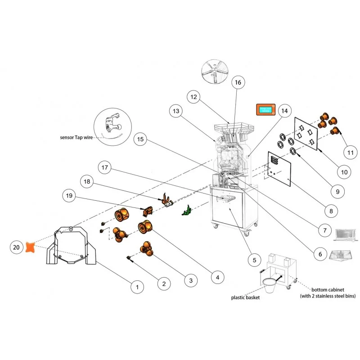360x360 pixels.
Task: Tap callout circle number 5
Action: pyautogui.click(x=254, y=260)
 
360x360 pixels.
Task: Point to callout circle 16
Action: pyautogui.click(x=238, y=83)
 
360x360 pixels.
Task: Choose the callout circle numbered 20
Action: pyautogui.click(x=16, y=247)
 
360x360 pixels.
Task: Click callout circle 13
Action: pyautogui.click(x=175, y=111)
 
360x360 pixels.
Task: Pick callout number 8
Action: pyautogui.click(x=331, y=211)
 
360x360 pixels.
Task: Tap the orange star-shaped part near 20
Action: pyautogui.click(x=31, y=247)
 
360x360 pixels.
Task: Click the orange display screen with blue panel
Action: pyautogui.click(x=265, y=109)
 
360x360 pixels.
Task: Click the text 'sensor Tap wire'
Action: pyautogui.click(x=76, y=137)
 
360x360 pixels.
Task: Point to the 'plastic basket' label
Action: pyautogui.click(x=245, y=297)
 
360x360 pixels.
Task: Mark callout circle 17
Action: pyautogui.click(x=104, y=168)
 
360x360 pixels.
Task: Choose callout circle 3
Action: pyautogui.click(x=190, y=281)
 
